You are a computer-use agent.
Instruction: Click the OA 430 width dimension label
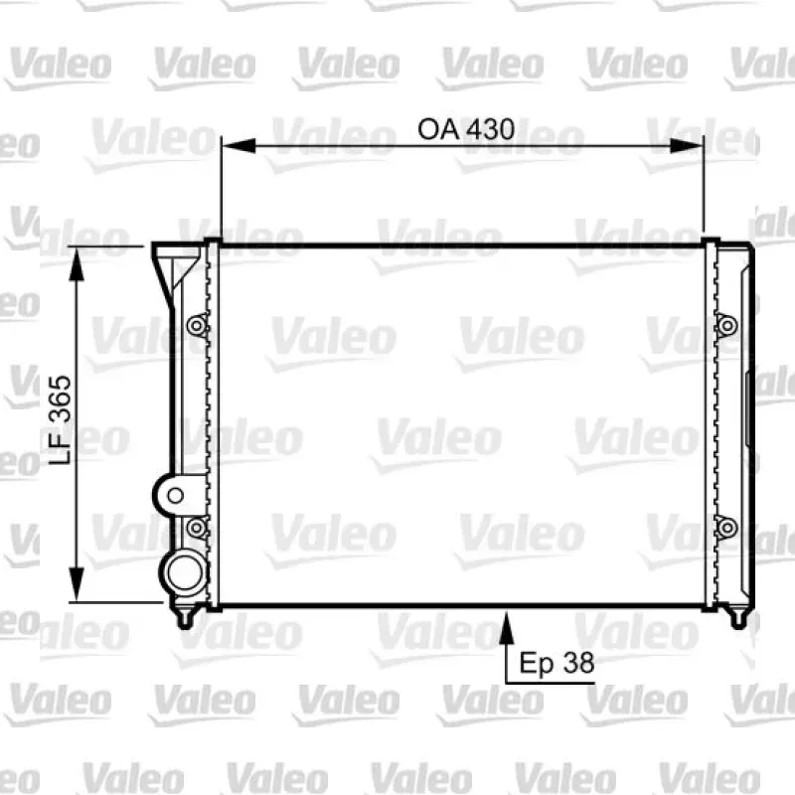coord(466,129)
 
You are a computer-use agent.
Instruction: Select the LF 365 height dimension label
coord(61,419)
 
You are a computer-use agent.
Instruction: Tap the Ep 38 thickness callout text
coord(556,663)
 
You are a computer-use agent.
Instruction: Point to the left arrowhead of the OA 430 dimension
coord(238,145)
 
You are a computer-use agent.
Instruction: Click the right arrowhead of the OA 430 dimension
coord(687,145)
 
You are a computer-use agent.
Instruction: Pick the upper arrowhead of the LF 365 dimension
coord(77,264)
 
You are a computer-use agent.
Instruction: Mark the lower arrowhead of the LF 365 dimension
coord(77,584)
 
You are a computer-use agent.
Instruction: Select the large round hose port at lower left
coord(185,573)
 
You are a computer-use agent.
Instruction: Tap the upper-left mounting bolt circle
coord(197,326)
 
